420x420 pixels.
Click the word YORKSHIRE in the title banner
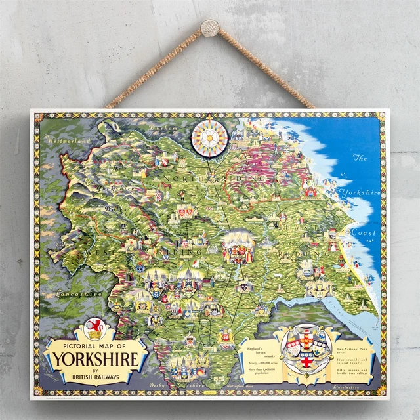tap(96, 360)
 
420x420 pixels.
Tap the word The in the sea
tap(359, 158)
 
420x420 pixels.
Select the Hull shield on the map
tap(320, 287)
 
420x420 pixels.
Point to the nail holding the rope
tap(210, 28)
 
